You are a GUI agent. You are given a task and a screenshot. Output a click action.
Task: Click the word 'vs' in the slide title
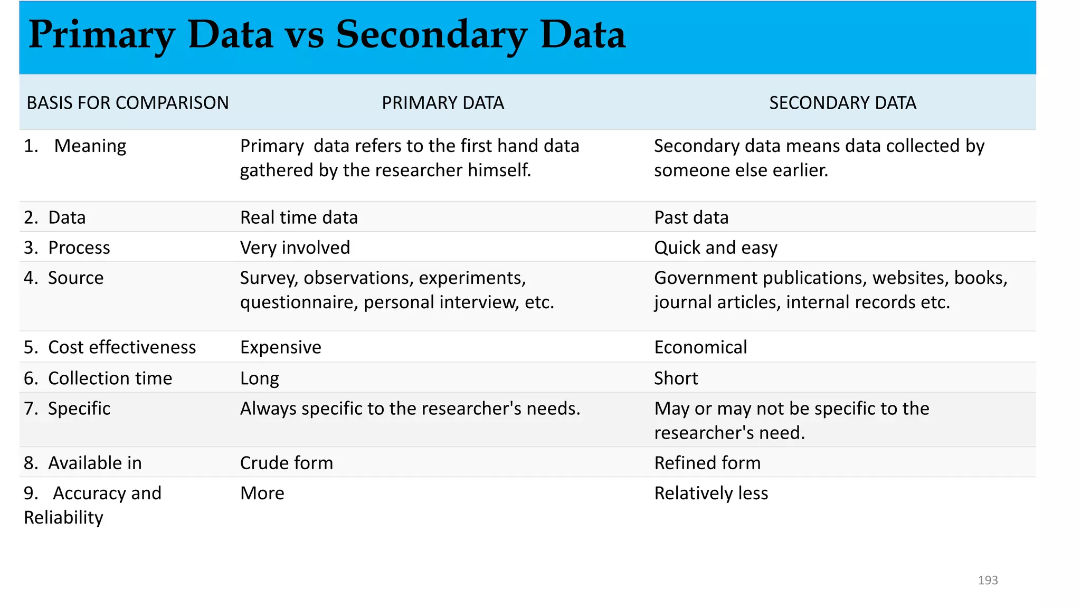pos(304,36)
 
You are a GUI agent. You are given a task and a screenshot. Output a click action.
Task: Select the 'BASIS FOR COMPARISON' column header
pos(128,102)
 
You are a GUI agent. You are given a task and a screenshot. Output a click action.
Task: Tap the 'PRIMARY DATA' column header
pos(443,102)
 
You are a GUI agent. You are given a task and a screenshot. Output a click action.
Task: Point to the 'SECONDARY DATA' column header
pos(842,102)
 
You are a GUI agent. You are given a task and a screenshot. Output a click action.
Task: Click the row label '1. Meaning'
pos(75,146)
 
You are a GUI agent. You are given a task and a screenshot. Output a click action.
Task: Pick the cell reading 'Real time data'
pos(299,217)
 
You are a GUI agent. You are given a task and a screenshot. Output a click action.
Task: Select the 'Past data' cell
pos(691,217)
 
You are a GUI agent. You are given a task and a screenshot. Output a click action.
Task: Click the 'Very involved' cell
pos(295,248)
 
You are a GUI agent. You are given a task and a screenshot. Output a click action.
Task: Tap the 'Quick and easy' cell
pos(716,248)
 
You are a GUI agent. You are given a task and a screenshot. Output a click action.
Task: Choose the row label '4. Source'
pos(64,278)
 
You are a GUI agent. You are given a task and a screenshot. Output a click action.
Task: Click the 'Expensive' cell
pos(280,347)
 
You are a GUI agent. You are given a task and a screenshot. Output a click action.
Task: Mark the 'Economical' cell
pos(700,347)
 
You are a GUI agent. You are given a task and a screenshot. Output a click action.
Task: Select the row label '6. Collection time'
pos(98,378)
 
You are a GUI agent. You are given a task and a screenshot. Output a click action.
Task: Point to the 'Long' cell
pos(259,378)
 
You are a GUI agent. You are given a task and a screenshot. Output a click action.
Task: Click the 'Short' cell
pos(676,378)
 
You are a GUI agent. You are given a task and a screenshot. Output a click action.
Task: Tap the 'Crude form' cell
pos(287,463)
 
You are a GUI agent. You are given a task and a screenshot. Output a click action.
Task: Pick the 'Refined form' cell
pos(707,463)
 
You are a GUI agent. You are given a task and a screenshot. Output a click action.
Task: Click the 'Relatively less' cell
pos(711,493)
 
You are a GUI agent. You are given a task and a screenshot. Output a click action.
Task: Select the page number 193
pos(988,580)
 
